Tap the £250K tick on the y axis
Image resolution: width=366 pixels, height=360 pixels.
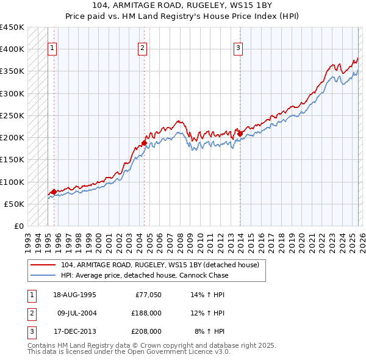click(12, 115)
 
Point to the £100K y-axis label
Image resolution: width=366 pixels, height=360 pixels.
click(12, 182)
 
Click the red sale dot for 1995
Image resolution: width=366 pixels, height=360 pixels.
click(54, 192)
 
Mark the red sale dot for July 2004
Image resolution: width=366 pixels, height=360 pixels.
click(144, 143)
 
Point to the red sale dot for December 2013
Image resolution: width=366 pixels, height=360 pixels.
click(240, 134)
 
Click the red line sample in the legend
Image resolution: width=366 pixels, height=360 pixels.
click(44, 265)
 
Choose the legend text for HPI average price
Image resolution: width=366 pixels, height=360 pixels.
click(145, 275)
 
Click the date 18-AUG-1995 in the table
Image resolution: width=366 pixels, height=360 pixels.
click(74, 295)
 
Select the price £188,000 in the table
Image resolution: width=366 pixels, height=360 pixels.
click(146, 313)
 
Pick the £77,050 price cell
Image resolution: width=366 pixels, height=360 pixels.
click(147, 295)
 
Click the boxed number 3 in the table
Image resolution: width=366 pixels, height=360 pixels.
click(30, 331)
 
